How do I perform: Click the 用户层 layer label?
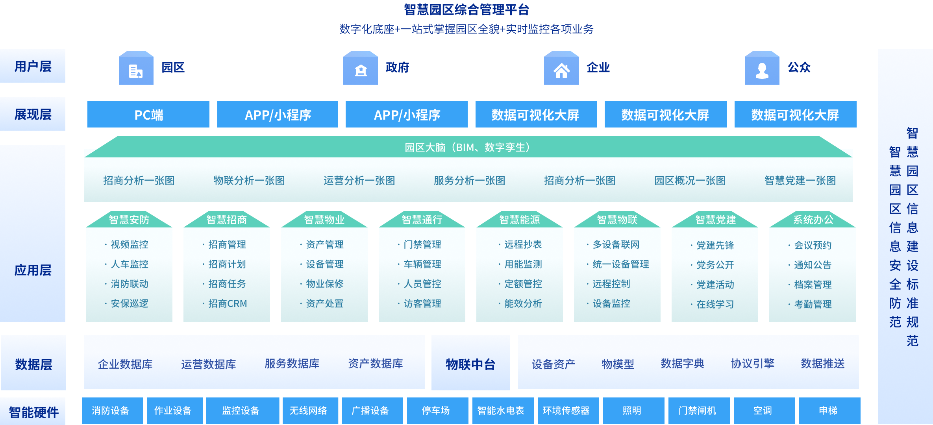pos(33,66)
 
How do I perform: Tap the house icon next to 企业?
pos(561,70)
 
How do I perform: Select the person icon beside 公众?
pos(762,70)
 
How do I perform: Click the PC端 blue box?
pos(148,115)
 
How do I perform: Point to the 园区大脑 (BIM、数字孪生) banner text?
pos(468,147)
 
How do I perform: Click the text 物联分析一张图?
pos(249,181)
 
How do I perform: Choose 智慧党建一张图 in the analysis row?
pos(800,181)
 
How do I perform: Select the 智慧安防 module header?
pos(129,220)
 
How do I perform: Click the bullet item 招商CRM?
pos(228,303)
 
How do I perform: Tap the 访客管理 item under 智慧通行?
pos(422,303)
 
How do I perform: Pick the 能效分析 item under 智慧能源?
pos(523,303)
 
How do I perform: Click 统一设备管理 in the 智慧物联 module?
pos(620,264)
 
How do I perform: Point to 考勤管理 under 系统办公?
pos(813,304)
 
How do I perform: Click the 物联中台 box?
pos(470,364)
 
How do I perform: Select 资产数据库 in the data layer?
pos(375,364)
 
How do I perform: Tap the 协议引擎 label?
pos(752,364)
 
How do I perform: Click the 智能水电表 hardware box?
pos(501,410)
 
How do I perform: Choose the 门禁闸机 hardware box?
pos(697,410)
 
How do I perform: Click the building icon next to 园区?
pos(136,70)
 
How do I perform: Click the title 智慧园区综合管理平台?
pos(466,9)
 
